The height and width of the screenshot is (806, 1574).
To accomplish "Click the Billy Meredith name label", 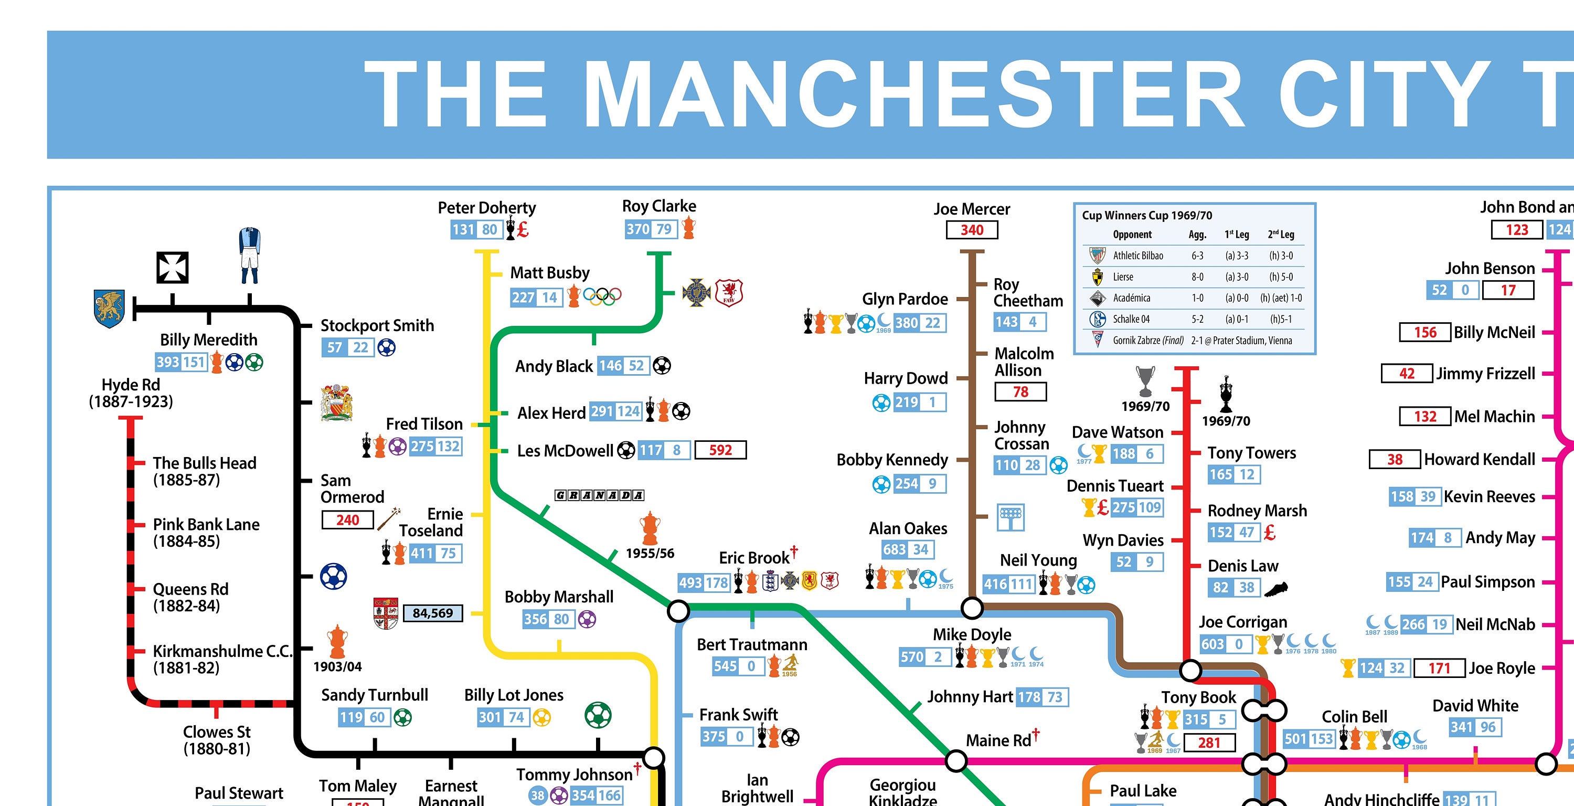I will coord(208,340).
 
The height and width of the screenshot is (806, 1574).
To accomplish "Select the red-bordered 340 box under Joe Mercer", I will coord(972,230).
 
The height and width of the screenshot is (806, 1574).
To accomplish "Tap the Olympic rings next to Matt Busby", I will coord(602,296).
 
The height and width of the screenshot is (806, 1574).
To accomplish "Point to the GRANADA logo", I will coord(599,495).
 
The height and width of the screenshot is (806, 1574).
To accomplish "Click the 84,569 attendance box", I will coord(433,613).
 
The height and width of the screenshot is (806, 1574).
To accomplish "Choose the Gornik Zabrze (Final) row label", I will coord(1147,341).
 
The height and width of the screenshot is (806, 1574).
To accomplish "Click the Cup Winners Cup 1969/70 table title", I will coord(1147,215).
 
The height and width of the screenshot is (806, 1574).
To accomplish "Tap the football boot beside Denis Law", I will coord(1276,589).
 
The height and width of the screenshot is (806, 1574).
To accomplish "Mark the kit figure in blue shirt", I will coord(249,256).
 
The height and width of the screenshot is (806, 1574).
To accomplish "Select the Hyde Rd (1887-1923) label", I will coord(131,393).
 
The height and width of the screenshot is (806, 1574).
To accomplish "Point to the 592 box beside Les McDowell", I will coord(720,450).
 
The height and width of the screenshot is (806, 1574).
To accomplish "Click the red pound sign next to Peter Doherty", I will coord(523,230).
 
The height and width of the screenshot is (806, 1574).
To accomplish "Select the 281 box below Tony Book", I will coord(1209,743).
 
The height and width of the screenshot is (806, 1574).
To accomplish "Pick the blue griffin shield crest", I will coord(109,309).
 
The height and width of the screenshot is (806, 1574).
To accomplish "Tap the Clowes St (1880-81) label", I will coord(217,740).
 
